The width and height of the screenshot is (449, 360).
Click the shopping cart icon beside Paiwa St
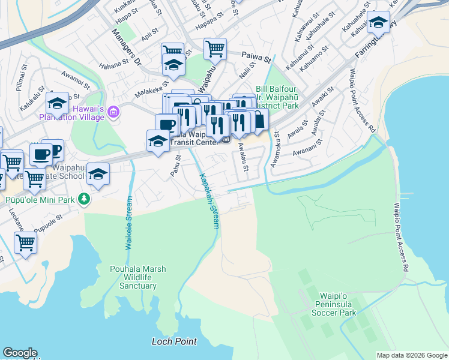(x=215, y=49)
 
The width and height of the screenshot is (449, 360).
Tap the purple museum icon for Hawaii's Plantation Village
(x=115, y=112)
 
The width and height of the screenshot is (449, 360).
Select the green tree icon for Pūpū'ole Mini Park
(x=85, y=199)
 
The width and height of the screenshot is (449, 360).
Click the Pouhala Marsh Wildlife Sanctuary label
(x=133, y=277)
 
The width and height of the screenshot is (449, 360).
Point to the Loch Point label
(x=174, y=341)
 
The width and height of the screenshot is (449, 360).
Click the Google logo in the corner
(x=20, y=353)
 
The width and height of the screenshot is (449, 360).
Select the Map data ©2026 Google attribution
(x=412, y=355)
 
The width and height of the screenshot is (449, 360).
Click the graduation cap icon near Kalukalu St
(x=57, y=104)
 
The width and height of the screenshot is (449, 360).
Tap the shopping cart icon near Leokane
(x=25, y=242)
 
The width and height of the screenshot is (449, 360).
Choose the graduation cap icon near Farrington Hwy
(x=378, y=23)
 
